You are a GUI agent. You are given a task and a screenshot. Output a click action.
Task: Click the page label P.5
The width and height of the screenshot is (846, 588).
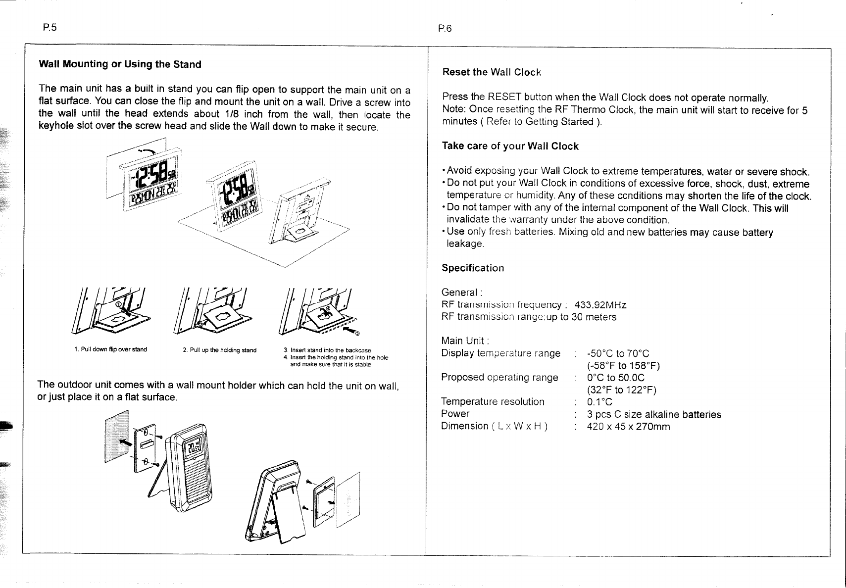pyautogui.click(x=50, y=27)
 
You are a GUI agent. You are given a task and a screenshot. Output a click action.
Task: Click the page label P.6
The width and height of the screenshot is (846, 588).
pyautogui.click(x=445, y=29)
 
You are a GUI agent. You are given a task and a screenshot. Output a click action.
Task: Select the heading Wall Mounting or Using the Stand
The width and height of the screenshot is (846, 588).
pyautogui.click(x=120, y=64)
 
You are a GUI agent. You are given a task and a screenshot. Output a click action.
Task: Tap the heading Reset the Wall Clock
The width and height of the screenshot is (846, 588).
pyautogui.click(x=491, y=72)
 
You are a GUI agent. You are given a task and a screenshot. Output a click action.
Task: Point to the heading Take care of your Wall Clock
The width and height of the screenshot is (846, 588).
pyautogui.click(x=510, y=146)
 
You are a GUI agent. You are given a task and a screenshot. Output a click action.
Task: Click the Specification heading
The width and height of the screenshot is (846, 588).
pyautogui.click(x=472, y=268)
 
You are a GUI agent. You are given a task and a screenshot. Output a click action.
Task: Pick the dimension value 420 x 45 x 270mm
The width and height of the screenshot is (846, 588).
pyautogui.click(x=628, y=426)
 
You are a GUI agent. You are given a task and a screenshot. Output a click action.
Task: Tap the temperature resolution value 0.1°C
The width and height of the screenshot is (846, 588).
pyautogui.click(x=599, y=402)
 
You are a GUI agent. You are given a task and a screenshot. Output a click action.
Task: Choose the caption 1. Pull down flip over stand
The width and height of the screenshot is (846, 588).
pyautogui.click(x=110, y=349)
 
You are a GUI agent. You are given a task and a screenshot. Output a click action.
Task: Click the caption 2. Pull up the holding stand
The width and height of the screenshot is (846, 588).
pyautogui.click(x=219, y=350)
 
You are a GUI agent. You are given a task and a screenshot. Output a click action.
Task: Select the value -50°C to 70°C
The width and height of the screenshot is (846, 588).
pyautogui.click(x=618, y=353)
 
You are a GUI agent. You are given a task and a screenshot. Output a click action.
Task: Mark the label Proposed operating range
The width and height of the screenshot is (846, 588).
pyautogui.click(x=499, y=377)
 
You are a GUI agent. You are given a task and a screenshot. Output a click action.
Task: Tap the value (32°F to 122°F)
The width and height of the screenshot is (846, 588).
pyautogui.click(x=621, y=390)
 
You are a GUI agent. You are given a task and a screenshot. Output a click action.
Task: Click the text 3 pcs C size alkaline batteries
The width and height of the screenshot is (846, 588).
pyautogui.click(x=654, y=414)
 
